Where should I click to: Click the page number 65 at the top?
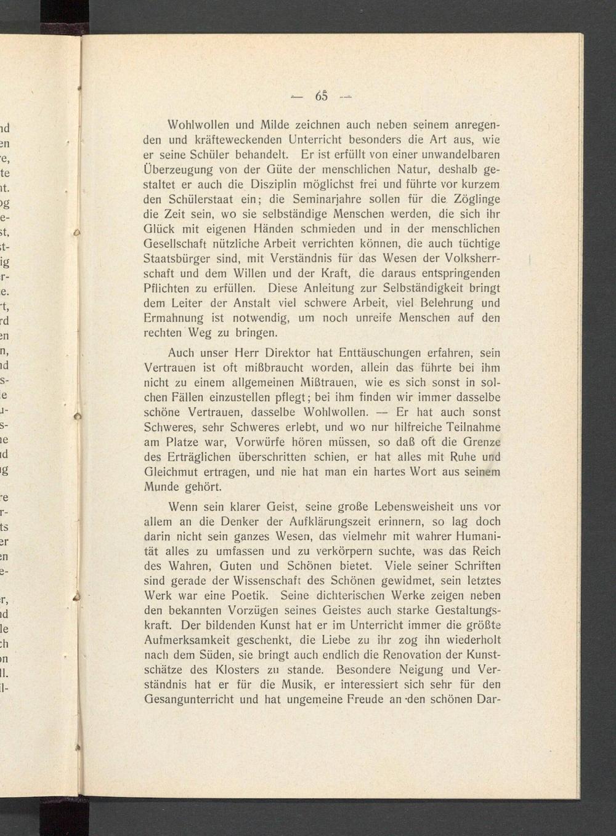321,96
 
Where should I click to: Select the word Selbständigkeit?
428,288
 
